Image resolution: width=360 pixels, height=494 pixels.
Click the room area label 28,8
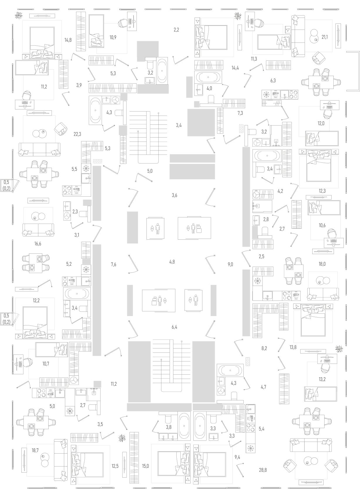(x=263, y=470)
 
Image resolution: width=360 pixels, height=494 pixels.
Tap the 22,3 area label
(x=77, y=134)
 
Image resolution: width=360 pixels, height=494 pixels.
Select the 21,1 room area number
(x=325, y=37)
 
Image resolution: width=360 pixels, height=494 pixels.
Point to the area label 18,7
(x=35, y=450)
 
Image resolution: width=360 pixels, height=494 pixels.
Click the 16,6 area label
(x=38, y=244)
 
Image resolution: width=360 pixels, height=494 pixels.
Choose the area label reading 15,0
(x=146, y=466)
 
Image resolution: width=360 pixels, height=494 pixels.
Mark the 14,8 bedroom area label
(x=68, y=40)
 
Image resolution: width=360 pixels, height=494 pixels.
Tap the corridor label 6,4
(x=174, y=327)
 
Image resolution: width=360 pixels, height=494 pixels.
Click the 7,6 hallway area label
(x=113, y=264)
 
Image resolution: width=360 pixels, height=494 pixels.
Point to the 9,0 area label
(x=231, y=264)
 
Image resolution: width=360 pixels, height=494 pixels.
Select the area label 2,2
(x=176, y=30)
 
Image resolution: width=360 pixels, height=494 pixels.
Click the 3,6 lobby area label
(x=174, y=195)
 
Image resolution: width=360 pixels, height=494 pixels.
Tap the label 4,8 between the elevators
(x=172, y=262)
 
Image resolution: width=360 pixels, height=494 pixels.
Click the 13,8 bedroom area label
(x=293, y=347)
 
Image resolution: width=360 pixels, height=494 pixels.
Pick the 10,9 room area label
(x=113, y=37)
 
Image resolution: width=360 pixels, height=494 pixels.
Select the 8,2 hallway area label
(x=264, y=348)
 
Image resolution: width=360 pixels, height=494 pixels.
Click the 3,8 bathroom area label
(x=169, y=427)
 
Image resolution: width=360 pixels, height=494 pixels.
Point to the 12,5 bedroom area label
(x=115, y=466)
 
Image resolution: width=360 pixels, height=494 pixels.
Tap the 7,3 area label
(x=240, y=113)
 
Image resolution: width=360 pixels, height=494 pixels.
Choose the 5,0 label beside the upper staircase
(x=150, y=171)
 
